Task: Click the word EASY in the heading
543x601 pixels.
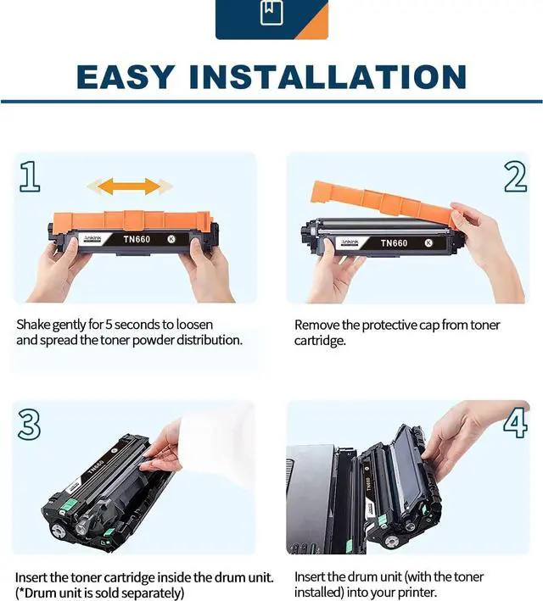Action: coord(125,77)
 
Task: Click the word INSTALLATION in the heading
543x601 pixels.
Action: coord(328,77)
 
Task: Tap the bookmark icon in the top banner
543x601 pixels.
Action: coord(271,12)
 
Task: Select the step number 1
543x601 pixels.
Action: coord(30,176)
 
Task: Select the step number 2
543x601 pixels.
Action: coord(515,176)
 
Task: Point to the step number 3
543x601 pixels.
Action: coord(29,425)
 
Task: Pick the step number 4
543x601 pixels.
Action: coord(515,423)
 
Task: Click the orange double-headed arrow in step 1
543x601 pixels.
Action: coord(130,186)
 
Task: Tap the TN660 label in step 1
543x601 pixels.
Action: coord(137,240)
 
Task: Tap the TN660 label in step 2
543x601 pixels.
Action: coord(394,243)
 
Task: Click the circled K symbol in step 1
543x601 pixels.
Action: coord(171,239)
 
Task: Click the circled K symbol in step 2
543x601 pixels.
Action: coord(428,242)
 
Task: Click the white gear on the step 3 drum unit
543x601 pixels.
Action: coord(59,531)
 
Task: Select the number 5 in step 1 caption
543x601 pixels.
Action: coord(109,325)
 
